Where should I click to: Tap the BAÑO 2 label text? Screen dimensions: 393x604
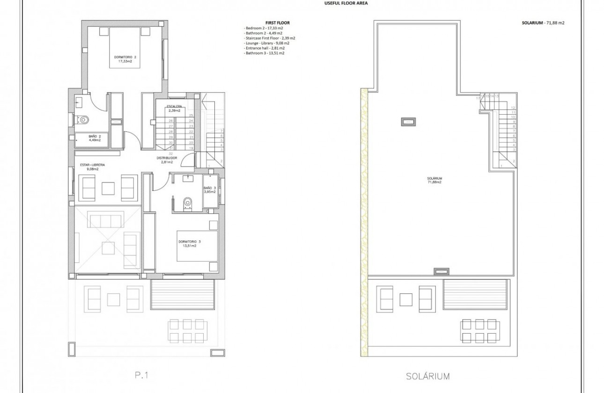click(95, 136)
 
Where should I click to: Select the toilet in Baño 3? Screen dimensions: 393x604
click(188, 202)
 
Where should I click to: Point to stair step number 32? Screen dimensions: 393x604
click(171, 153)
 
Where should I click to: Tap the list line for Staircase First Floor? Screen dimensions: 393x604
click(269, 38)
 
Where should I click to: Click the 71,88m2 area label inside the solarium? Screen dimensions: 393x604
click(434, 182)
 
